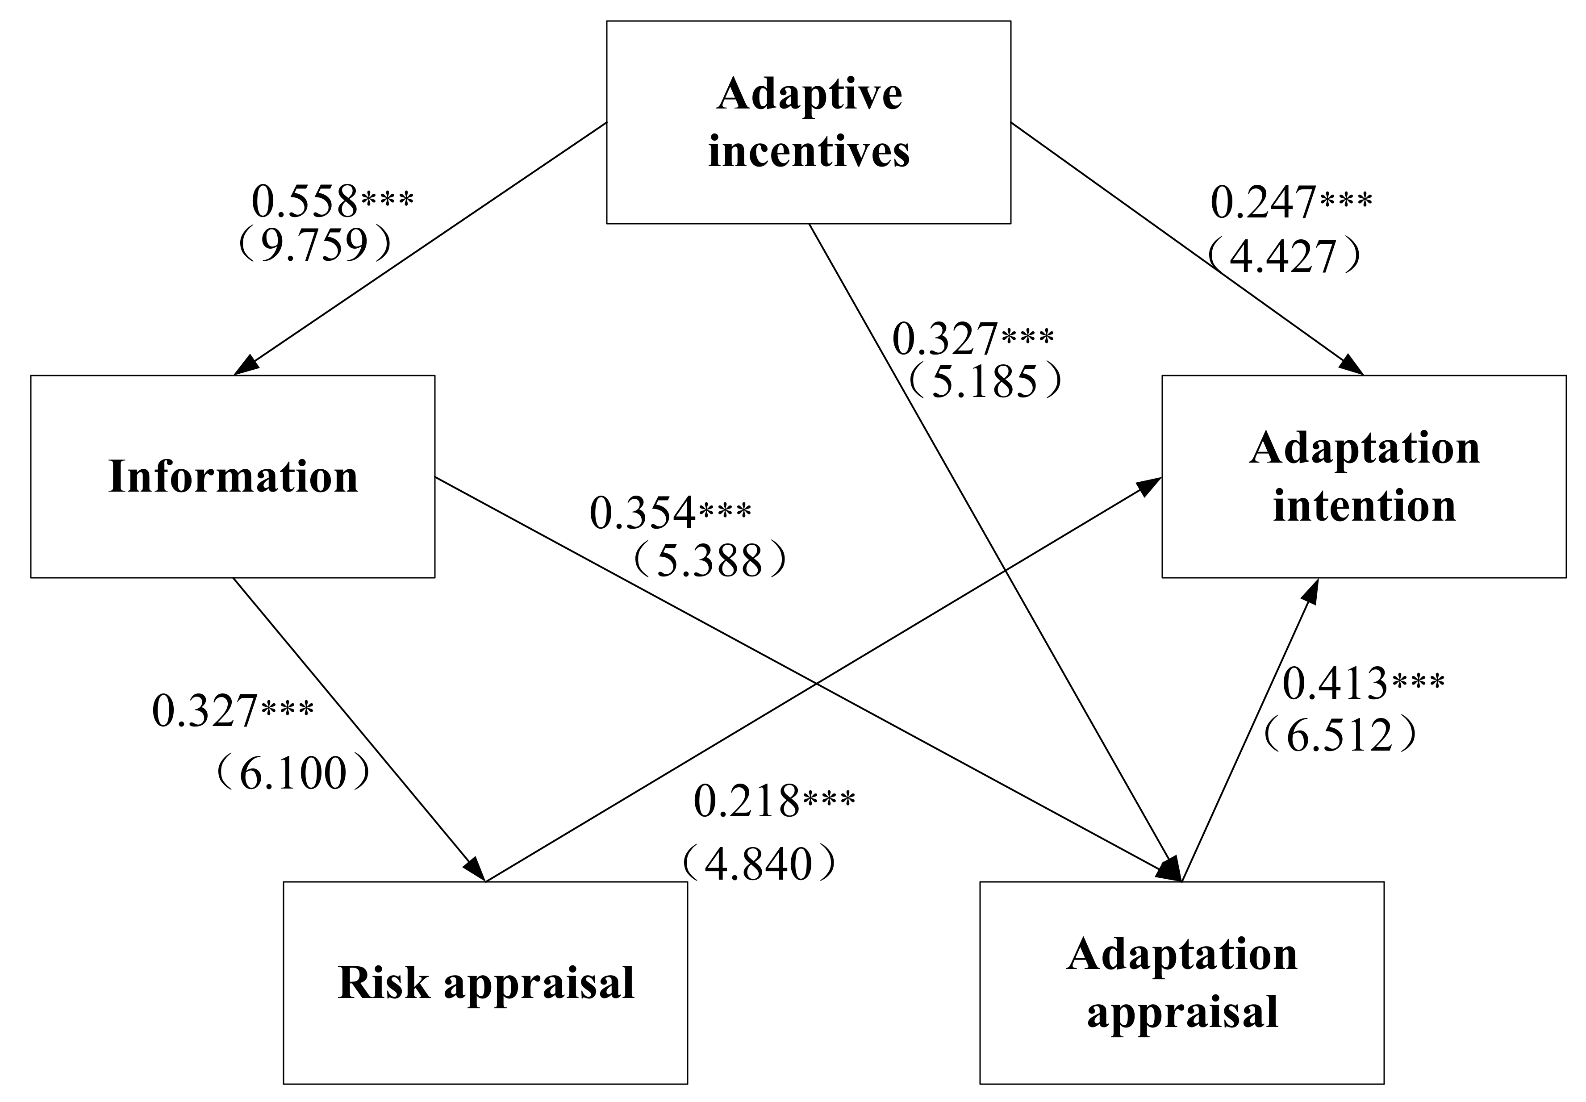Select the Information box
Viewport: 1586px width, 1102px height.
tap(233, 476)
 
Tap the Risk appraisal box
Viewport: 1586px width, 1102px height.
tap(485, 982)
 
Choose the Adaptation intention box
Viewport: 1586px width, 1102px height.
tap(1364, 476)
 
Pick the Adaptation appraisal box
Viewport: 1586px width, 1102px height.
tap(1181, 982)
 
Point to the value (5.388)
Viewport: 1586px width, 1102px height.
tap(709, 560)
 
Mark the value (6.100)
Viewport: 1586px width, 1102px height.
tap(292, 772)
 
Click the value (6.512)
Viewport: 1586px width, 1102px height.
tap(1340, 735)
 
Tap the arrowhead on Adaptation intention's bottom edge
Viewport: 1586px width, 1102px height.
tap(1311, 591)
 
